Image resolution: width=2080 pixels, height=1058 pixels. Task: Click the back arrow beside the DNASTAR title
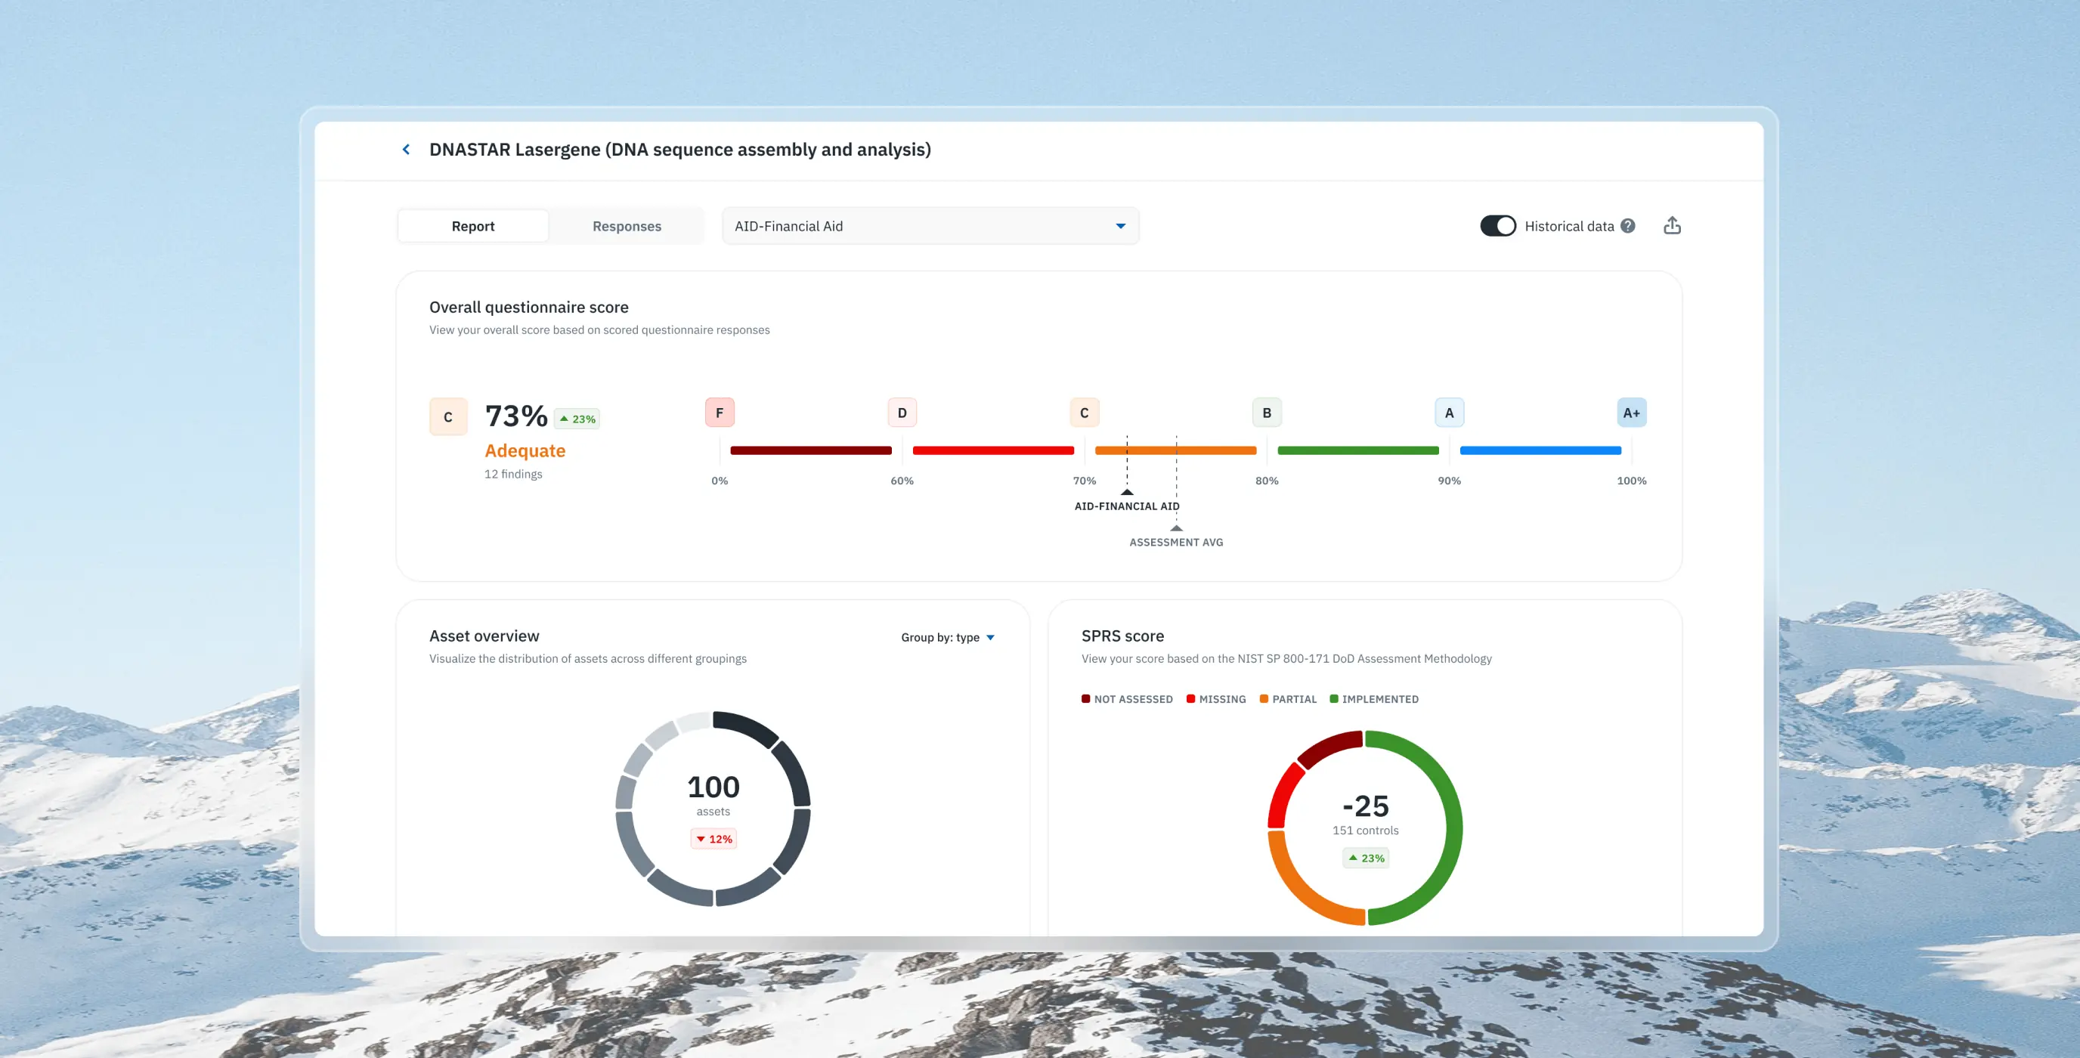click(406, 150)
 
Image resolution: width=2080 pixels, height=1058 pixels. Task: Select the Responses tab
click(627, 226)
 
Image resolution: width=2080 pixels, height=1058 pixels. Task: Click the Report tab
click(473, 226)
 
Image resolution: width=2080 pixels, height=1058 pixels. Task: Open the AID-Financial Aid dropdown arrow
click(1120, 226)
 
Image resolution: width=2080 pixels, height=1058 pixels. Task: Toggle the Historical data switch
click(1497, 226)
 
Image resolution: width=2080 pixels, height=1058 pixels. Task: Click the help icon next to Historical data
click(1628, 226)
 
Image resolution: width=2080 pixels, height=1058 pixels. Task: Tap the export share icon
click(1672, 226)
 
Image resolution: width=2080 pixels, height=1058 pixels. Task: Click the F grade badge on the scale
click(720, 413)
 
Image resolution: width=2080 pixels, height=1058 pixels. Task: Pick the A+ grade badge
click(1631, 413)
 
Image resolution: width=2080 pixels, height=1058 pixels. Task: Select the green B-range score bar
click(1357, 450)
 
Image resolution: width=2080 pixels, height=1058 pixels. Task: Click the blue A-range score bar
click(1540, 450)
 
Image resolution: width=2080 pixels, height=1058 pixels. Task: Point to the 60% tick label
click(902, 481)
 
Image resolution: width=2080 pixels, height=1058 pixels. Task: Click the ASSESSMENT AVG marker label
click(1175, 542)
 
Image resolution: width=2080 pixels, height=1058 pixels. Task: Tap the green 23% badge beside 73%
click(577, 419)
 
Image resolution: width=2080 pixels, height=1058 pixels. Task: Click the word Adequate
click(525, 450)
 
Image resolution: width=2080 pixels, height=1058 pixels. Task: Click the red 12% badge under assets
click(713, 839)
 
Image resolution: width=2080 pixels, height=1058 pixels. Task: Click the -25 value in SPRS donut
click(1366, 806)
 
